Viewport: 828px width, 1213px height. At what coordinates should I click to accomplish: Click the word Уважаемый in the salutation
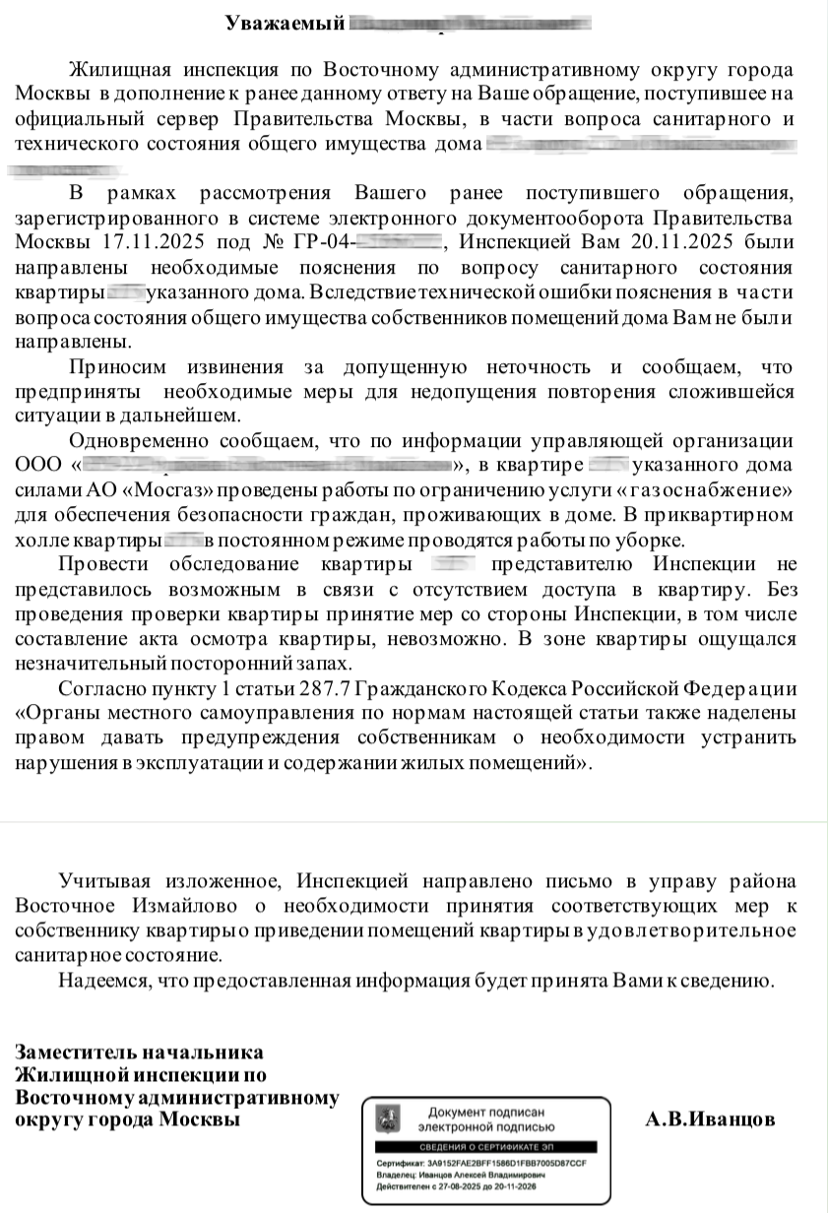click(x=285, y=22)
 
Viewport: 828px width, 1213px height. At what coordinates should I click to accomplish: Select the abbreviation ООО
click(x=40, y=465)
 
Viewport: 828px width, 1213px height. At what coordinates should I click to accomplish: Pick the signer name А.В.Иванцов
click(x=710, y=1119)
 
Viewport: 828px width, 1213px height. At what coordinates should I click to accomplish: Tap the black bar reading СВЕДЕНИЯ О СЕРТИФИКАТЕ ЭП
click(x=488, y=1148)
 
